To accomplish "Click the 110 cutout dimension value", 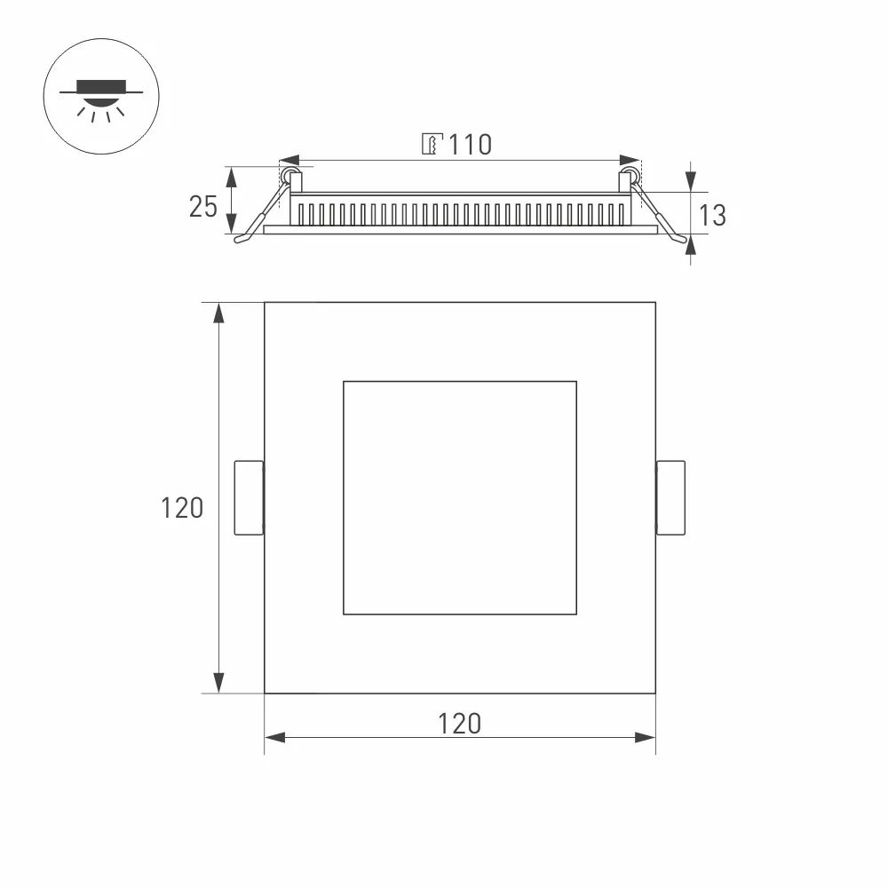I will pyautogui.click(x=469, y=145).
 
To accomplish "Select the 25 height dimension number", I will pyautogui.click(x=203, y=206).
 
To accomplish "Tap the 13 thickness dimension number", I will pyautogui.click(x=712, y=215).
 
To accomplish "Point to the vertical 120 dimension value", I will pyautogui.click(x=182, y=508).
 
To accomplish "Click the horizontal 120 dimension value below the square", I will pyautogui.click(x=460, y=724).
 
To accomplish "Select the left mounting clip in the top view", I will pyautogui.click(x=249, y=498).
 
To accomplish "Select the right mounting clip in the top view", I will pyautogui.click(x=670, y=498).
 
